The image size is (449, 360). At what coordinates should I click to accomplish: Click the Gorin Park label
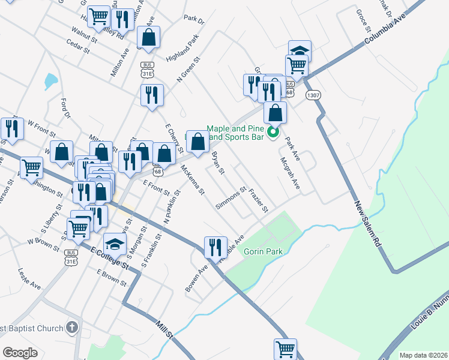tap(263, 251)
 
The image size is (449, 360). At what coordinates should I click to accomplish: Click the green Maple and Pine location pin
tap(274, 133)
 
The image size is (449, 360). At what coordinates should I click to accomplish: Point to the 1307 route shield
tap(313, 95)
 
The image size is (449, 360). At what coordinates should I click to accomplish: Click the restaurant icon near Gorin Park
tap(215, 247)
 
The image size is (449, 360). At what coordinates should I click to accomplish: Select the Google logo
tap(20, 353)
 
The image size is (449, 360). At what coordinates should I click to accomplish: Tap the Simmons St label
tap(232, 198)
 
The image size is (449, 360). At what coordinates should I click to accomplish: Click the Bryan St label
tap(218, 163)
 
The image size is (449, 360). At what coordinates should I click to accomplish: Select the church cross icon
tap(72, 328)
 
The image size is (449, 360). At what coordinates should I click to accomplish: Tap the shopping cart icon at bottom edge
tap(285, 349)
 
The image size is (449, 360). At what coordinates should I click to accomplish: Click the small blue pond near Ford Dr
tap(51, 80)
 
